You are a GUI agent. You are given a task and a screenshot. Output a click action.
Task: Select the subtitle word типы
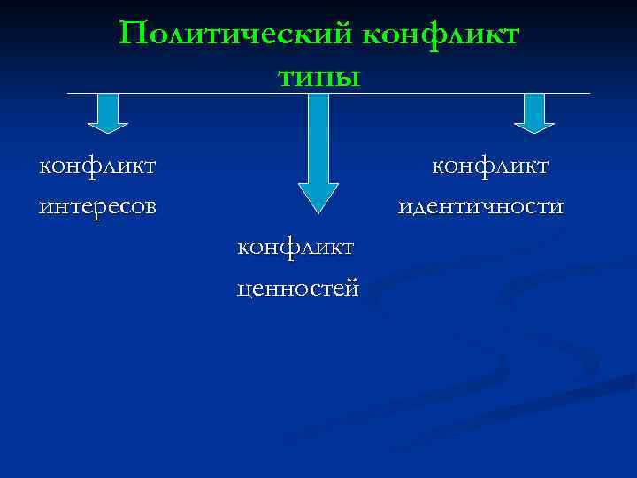pyautogui.click(x=318, y=76)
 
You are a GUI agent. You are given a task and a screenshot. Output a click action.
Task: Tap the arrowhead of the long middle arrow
pyautogui.click(x=318, y=196)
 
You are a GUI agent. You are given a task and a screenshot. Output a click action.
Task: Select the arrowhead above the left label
pyautogui.click(x=108, y=127)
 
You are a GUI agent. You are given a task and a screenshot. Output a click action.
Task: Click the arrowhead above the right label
pyautogui.click(x=534, y=127)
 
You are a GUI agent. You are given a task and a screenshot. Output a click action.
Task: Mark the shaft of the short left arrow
pyautogui.click(x=108, y=106)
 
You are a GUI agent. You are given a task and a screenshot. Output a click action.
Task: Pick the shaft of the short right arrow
pyautogui.click(x=534, y=106)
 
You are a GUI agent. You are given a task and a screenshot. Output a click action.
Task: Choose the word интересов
pyautogui.click(x=98, y=206)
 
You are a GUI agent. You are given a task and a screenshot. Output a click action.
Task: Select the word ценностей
pyautogui.click(x=298, y=288)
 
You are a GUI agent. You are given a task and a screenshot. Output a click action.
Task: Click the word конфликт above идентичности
pyautogui.click(x=490, y=166)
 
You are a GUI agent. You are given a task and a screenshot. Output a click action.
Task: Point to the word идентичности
pyautogui.click(x=480, y=206)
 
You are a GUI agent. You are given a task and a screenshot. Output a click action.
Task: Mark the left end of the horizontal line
pyautogui.click(x=68, y=93)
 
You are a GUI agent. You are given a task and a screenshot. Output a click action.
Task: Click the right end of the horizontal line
pyautogui.click(x=588, y=93)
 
